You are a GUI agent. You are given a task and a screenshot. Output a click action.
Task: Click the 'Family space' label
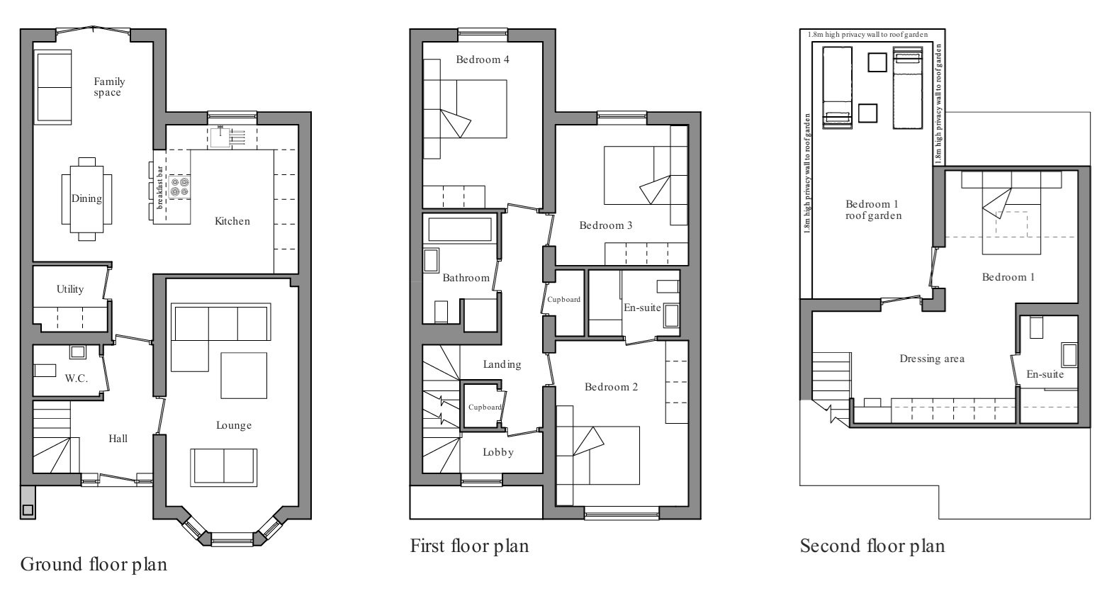[108, 87]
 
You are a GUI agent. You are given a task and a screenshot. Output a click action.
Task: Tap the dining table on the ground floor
[86, 198]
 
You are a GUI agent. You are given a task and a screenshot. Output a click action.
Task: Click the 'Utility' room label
[70, 289]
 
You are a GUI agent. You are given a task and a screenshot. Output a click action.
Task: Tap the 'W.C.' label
[77, 378]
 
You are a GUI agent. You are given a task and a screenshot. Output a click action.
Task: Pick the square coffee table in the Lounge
[244, 376]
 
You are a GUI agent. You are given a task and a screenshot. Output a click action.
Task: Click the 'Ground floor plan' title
[94, 565]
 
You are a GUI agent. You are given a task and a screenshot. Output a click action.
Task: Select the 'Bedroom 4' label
[483, 60]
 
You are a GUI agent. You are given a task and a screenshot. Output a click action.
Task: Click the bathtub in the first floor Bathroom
[460, 229]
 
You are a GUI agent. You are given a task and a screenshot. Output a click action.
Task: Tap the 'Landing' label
[502, 364]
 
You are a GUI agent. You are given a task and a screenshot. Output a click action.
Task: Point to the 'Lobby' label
[498, 452]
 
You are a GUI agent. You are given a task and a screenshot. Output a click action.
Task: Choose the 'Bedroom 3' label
[606, 225]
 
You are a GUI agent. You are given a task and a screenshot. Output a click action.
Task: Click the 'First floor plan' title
[469, 546]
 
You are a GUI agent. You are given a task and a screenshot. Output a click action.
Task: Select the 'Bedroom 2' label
[611, 387]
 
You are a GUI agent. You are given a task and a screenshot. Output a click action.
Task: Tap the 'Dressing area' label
[932, 359]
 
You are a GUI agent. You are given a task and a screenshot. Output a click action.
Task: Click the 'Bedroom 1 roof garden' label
[873, 210]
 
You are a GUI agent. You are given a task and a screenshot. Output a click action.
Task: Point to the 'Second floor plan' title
[872, 546]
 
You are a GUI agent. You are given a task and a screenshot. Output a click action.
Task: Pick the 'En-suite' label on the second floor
[1045, 374]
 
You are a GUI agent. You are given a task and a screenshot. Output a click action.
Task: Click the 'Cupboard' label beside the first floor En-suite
[564, 300]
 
